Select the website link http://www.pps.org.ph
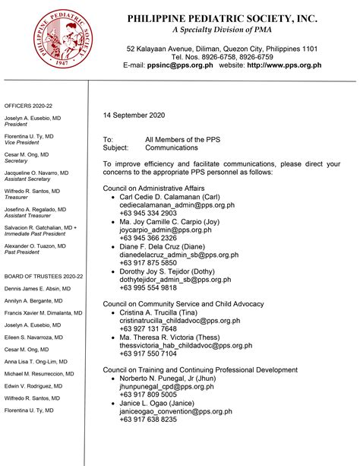click(284, 66)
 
